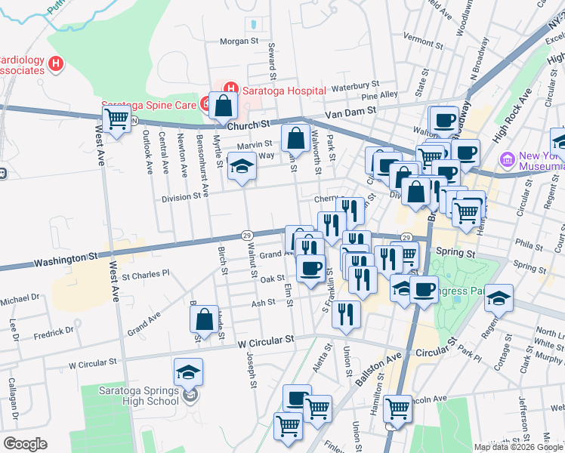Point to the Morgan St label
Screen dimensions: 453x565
[239, 41]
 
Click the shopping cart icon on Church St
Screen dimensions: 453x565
[116, 119]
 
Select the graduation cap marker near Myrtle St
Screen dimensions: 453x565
[242, 166]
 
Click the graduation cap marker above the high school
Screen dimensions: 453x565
[189, 371]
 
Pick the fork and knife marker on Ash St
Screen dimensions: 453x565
[346, 314]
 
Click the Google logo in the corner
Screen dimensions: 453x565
[25, 444]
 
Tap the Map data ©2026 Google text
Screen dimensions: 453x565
[518, 447]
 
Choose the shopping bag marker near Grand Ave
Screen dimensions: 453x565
[205, 319]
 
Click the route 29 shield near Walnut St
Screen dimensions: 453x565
[247, 236]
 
